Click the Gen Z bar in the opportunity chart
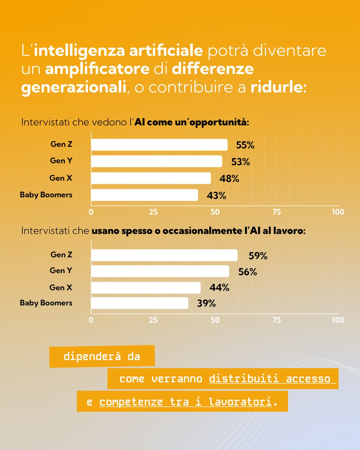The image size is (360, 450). pos(159,145)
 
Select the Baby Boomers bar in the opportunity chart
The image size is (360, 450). pos(144,195)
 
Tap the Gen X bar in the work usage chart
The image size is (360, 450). pos(146,288)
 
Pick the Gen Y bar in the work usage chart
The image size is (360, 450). pos(160,271)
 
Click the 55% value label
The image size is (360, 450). pos(245,145)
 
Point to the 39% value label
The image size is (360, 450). pos(206,304)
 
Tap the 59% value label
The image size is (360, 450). pos(258,256)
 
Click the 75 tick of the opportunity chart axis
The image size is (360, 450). pos(276,212)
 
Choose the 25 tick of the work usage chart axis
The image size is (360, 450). pos(153,320)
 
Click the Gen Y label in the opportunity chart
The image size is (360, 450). pos(61,161)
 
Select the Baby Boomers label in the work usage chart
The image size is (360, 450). pos(46,302)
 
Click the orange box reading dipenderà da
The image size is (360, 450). pos(102,356)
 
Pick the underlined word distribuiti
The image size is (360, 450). pos(245,379)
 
